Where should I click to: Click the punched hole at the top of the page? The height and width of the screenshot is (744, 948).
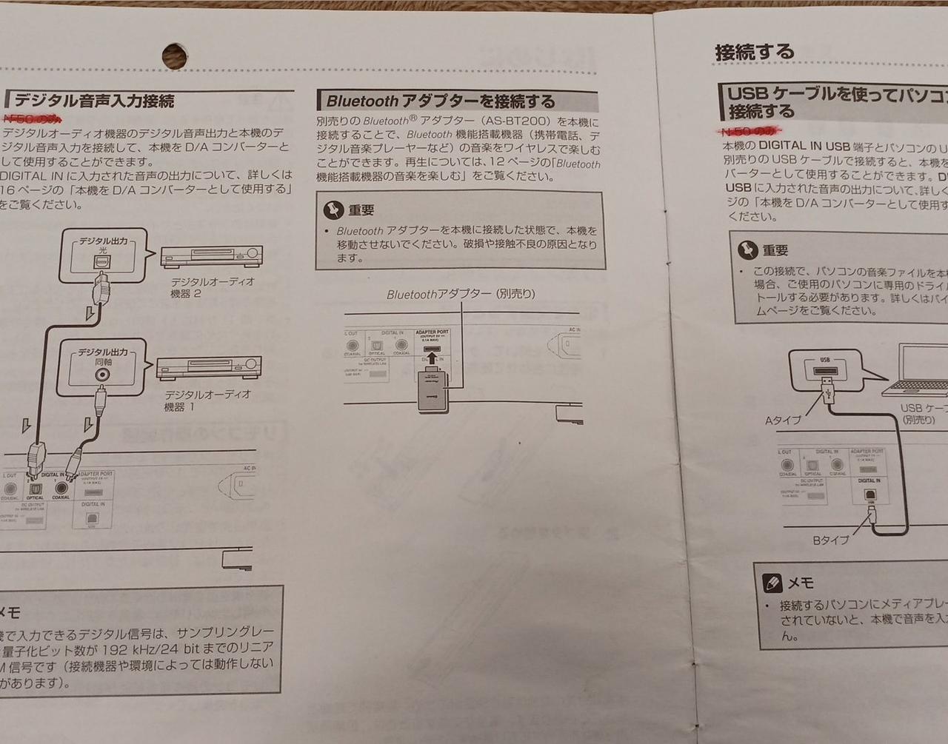(175, 54)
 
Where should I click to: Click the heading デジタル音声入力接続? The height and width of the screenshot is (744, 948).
(93, 100)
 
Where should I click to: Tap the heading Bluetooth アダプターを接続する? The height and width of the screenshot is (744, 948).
(441, 101)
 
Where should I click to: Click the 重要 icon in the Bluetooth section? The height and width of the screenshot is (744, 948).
(333, 210)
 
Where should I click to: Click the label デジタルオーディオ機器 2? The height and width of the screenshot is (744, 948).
(212, 287)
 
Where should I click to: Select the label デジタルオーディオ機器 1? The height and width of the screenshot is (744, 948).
(207, 401)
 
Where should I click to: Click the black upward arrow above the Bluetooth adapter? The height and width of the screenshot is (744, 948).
(431, 361)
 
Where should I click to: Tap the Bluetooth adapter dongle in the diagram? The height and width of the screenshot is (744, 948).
(431, 389)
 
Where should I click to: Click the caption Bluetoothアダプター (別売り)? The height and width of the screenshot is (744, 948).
(460, 294)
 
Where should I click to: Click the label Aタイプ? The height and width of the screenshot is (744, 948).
(783, 420)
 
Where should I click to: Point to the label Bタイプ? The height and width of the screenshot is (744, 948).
(831, 540)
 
